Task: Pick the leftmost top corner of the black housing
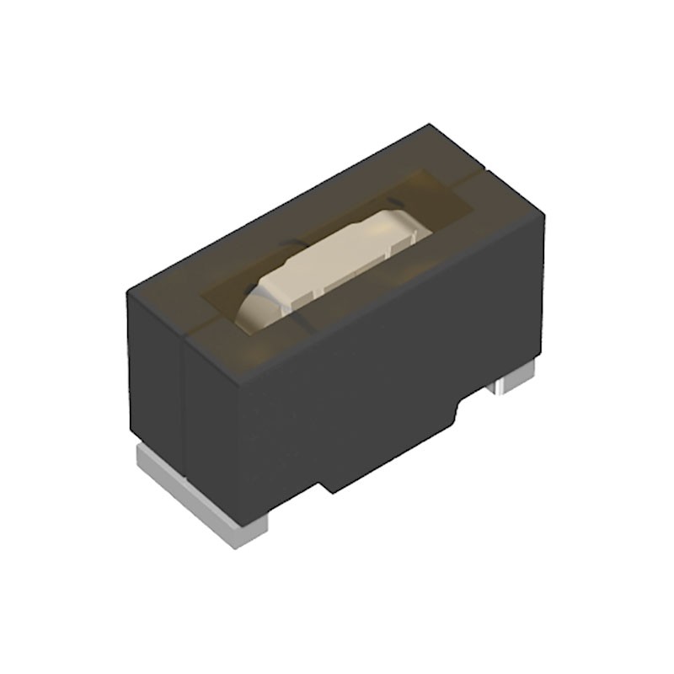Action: (127, 291)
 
